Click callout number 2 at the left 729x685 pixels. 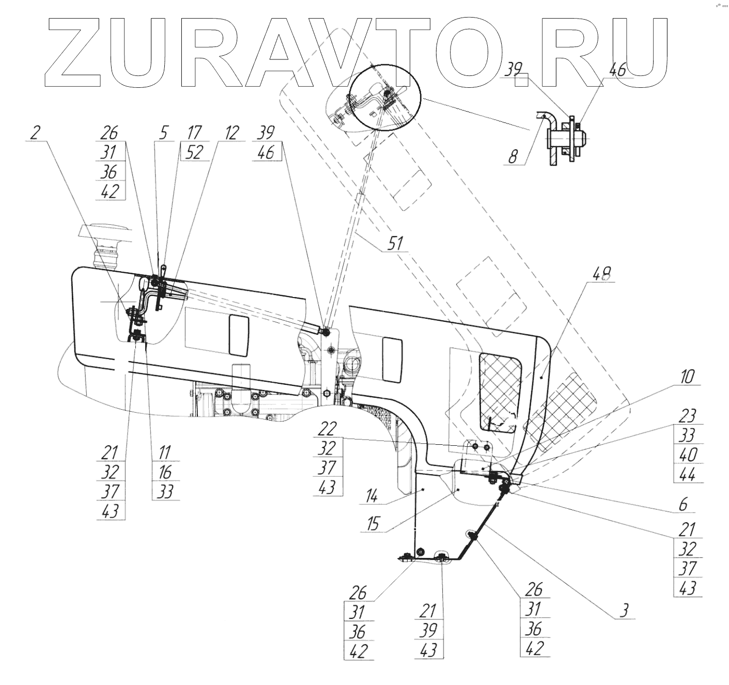point(35,133)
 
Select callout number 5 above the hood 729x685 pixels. point(163,133)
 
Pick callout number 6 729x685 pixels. point(683,504)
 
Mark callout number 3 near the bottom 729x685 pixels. point(624,611)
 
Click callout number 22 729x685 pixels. point(327,428)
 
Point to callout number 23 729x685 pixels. point(688,416)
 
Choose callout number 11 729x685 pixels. point(164,453)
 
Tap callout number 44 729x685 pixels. point(688,474)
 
